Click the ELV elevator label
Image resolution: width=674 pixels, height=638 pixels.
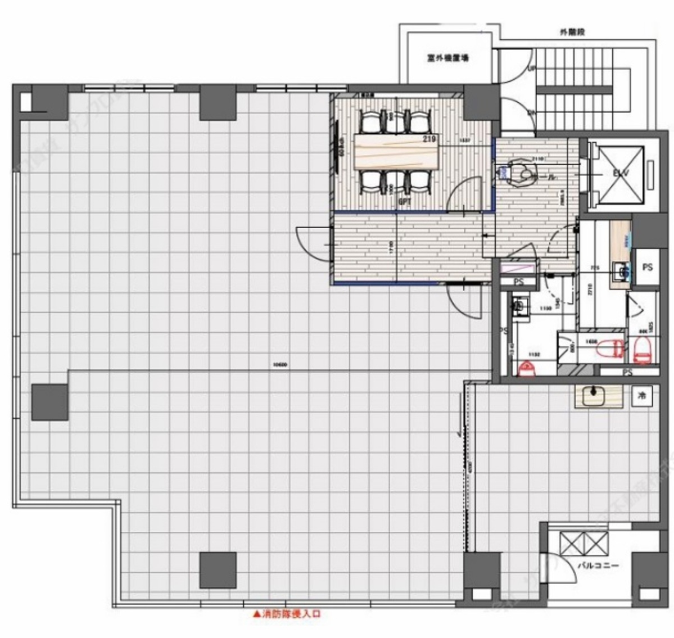coord(617,174)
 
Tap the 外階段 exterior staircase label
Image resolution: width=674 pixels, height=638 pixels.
coord(572,33)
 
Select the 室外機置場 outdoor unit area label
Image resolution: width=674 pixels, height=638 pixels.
coord(448,57)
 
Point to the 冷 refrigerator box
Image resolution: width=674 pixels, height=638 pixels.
coord(641,396)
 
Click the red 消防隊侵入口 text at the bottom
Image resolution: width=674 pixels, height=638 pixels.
coord(286,615)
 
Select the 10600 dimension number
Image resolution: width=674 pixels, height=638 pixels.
coord(279,364)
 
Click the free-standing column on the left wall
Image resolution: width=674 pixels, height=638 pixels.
coord(50,402)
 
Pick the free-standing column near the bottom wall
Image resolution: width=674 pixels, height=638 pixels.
coord(218,570)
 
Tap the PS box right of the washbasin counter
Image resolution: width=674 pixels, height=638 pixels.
coord(647,268)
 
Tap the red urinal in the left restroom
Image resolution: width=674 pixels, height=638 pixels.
coord(526,369)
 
